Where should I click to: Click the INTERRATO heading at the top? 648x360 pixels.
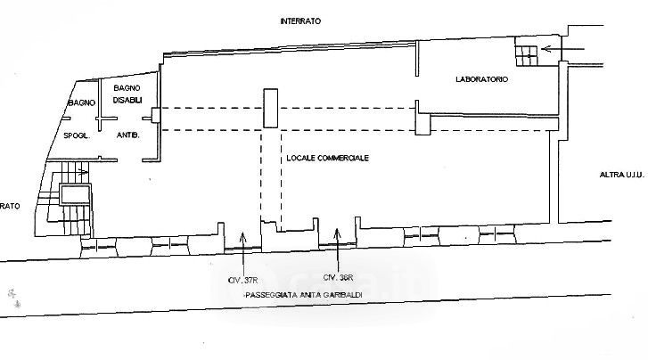[x=299, y=20]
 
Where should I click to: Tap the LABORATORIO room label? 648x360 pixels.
[x=481, y=79]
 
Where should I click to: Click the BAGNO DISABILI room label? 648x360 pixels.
[x=128, y=93]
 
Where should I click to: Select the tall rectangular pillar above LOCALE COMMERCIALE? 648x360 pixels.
[x=270, y=112]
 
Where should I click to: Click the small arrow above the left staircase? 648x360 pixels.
[x=84, y=172]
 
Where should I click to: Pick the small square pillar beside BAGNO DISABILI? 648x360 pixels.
[x=156, y=114]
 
